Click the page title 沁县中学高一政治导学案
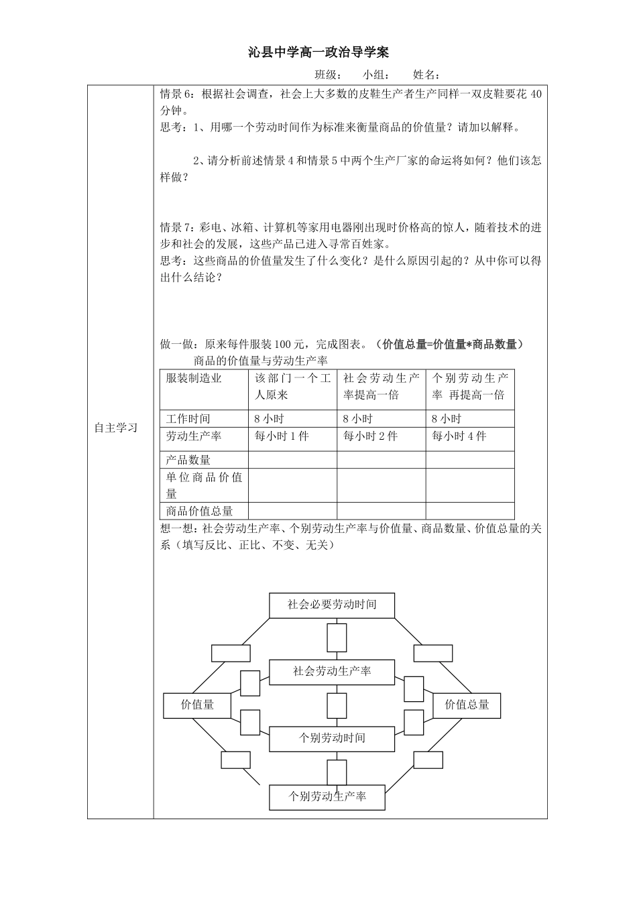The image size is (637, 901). tap(318, 52)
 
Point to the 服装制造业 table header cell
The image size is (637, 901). tap(194, 378)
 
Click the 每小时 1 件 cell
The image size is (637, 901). tap(282, 436)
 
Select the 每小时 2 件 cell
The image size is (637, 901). tap(370, 436)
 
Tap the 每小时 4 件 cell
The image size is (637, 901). tap(459, 436)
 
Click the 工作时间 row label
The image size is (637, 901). tap(188, 419)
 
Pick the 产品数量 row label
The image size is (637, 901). tap(188, 460)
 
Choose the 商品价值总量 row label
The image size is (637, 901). tap(200, 511)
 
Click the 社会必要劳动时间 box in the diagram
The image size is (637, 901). tap(332, 605)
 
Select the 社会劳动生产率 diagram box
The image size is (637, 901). tap(332, 671)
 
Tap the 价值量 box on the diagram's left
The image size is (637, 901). tap(198, 705)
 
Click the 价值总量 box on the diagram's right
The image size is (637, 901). tap(467, 705)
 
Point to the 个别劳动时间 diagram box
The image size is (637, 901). tap(332, 738)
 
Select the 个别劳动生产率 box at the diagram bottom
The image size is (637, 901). tap(328, 797)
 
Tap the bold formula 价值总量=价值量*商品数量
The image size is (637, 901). tap(449, 345)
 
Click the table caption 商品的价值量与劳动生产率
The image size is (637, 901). tap(260, 361)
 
